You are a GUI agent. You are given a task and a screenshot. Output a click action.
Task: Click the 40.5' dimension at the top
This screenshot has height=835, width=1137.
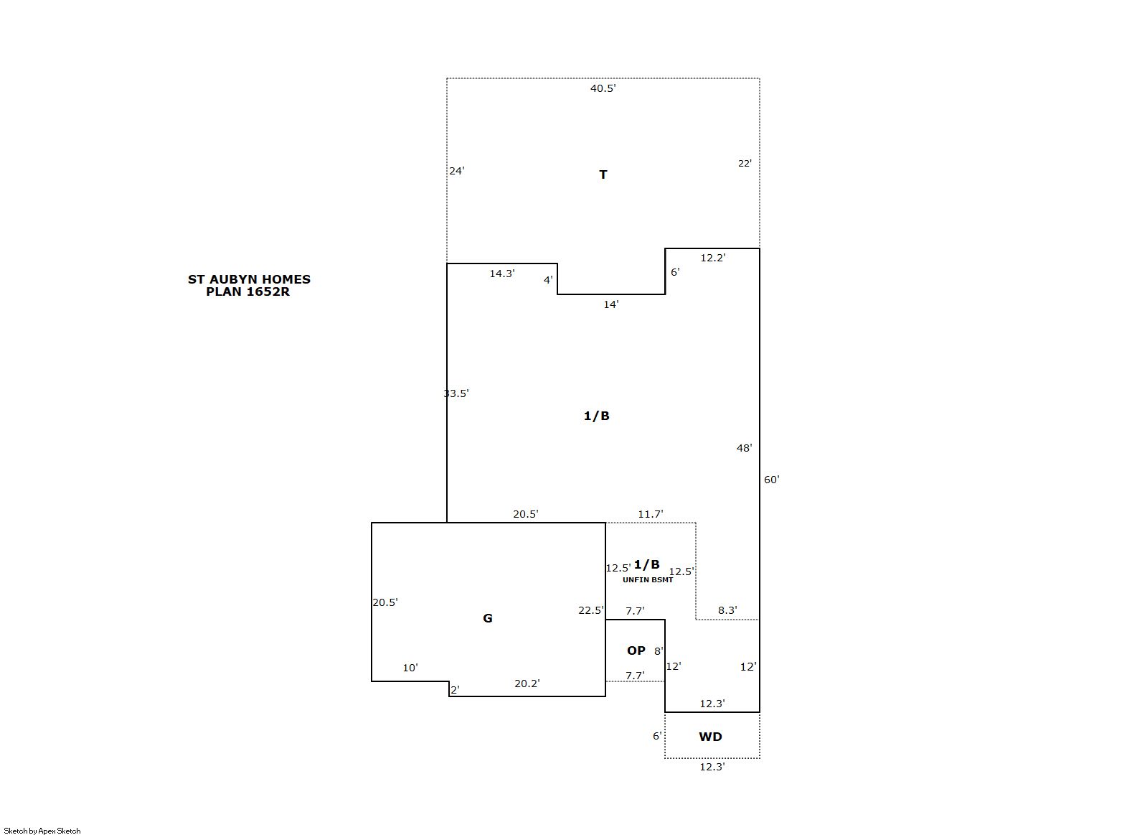603,88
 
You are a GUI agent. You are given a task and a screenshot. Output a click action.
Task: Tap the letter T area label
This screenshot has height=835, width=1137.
603,174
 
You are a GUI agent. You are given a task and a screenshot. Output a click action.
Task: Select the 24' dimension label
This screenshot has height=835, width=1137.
457,171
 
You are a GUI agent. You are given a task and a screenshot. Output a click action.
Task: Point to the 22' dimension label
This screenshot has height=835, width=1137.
745,164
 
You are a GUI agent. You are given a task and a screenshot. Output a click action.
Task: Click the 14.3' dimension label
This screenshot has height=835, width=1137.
502,274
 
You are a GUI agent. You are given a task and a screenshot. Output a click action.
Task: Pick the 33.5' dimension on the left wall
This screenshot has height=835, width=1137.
456,393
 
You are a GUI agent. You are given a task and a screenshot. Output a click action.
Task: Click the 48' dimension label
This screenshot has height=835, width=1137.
744,448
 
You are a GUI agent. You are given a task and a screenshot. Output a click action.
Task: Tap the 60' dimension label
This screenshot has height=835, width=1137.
772,480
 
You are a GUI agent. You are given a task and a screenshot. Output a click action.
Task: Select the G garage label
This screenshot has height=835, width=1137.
487,618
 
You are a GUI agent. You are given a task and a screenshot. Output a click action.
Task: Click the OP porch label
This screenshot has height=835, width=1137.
636,650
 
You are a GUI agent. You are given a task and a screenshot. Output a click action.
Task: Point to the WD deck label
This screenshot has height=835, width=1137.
710,737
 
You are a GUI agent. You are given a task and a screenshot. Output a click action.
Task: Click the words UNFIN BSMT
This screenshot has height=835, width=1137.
648,580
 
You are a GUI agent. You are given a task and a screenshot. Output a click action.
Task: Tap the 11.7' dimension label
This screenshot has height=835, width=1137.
650,514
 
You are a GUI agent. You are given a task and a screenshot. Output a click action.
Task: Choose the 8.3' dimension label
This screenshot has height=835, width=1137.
727,610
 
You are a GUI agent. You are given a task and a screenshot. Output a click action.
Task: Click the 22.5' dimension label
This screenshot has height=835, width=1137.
591,610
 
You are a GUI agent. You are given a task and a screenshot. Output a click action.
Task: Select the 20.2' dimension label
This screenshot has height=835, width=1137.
527,684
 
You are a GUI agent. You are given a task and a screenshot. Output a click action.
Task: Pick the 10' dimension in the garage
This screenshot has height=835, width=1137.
410,668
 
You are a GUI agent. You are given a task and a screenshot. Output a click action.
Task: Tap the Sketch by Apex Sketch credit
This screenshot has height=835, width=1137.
42,831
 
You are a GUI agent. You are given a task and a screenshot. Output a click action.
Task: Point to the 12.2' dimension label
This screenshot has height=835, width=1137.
712,258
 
